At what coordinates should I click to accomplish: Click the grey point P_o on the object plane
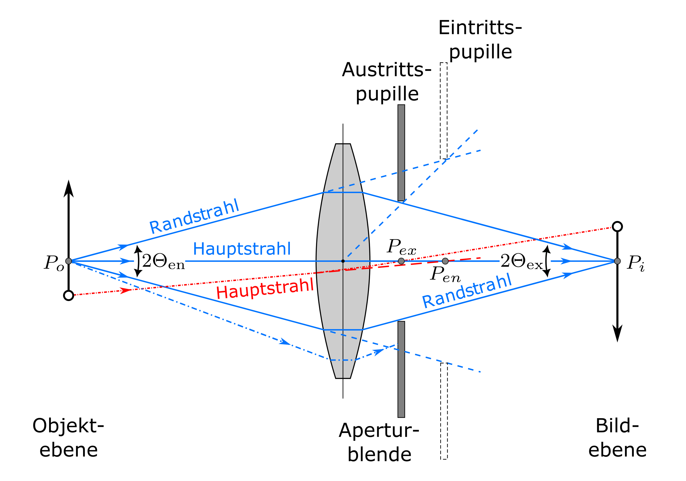pyautogui.click(x=69, y=261)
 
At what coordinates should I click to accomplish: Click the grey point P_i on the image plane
pyautogui.click(x=617, y=261)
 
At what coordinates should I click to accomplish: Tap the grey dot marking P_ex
pyautogui.click(x=401, y=261)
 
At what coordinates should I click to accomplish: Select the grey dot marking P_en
pyautogui.click(x=445, y=261)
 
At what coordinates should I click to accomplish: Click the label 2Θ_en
pyautogui.click(x=163, y=261)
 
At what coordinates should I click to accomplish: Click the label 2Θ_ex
pyautogui.click(x=522, y=261)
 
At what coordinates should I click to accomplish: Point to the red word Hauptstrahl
pyautogui.click(x=265, y=288)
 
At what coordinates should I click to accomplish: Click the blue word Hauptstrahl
pyautogui.click(x=242, y=249)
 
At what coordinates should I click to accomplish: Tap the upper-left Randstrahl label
pyautogui.click(x=194, y=216)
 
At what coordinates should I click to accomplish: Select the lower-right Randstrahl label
pyautogui.click(x=467, y=291)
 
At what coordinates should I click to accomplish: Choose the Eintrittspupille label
pyautogui.click(x=480, y=40)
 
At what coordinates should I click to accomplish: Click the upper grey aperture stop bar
pyautogui.click(x=401, y=153)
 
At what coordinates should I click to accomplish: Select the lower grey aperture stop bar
pyautogui.click(x=401, y=369)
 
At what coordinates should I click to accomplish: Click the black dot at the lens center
pyautogui.click(x=343, y=261)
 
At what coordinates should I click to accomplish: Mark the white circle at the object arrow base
pyautogui.click(x=69, y=295)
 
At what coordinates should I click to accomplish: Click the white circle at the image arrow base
pyautogui.click(x=617, y=227)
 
